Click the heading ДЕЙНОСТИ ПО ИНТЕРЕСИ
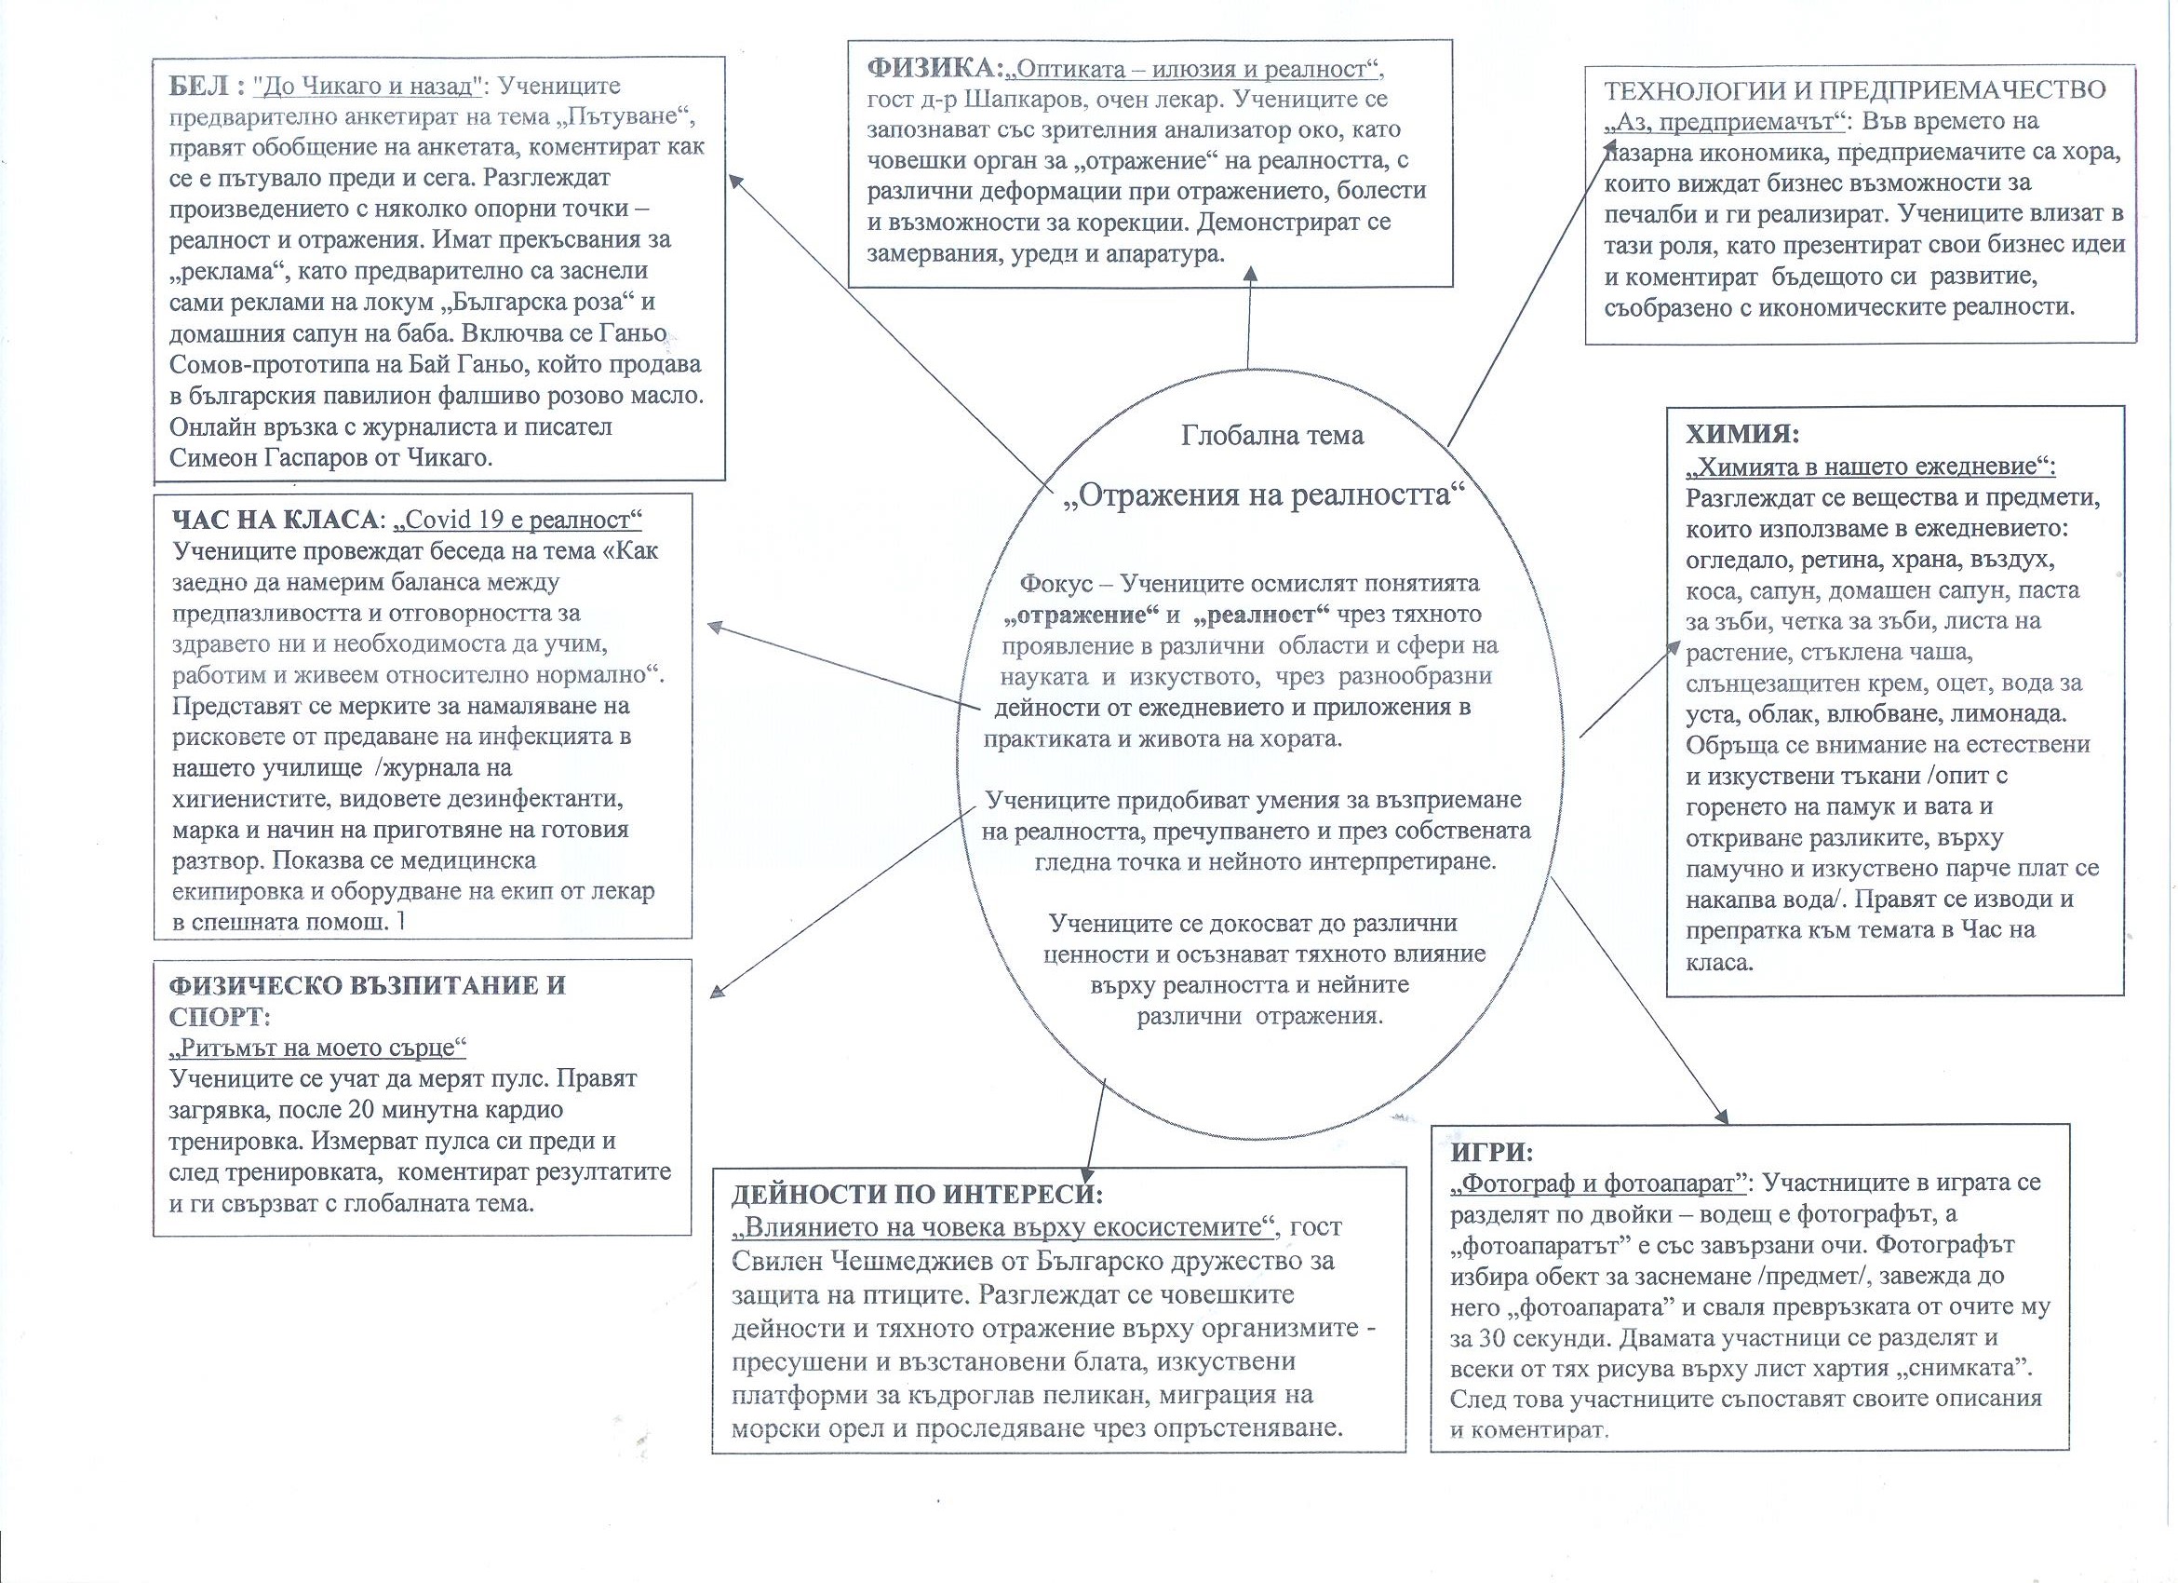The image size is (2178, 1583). pos(917,1194)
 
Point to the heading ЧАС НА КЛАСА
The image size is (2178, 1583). pos(275,520)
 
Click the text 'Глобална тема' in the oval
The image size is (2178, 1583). pos(1271,435)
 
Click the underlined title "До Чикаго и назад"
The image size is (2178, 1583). pos(366,87)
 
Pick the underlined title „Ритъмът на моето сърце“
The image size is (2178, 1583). pos(316,1046)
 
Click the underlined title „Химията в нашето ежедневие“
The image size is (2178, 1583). pos(1870,466)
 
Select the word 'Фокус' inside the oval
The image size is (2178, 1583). pos(1053,583)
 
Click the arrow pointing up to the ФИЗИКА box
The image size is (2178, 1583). pos(1248,317)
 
